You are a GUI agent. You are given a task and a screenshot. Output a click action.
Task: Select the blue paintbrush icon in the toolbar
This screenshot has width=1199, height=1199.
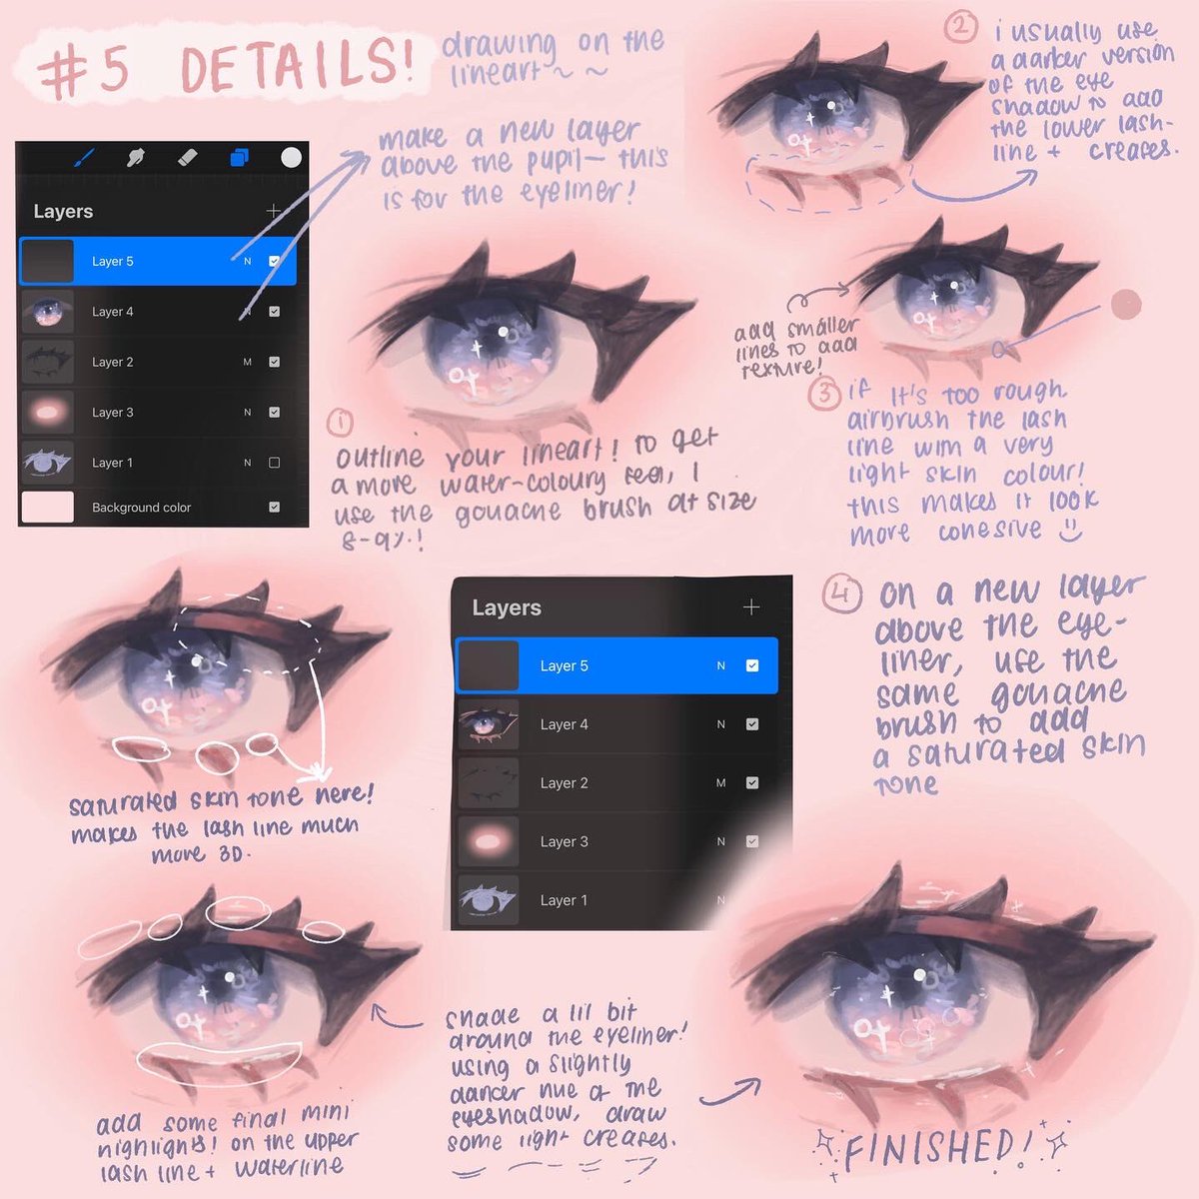pyautogui.click(x=85, y=158)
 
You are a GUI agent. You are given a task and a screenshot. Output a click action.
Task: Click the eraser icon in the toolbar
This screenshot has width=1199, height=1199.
pyautogui.click(x=187, y=158)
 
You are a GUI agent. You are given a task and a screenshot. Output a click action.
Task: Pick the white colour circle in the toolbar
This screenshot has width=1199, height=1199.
pyautogui.click(x=291, y=158)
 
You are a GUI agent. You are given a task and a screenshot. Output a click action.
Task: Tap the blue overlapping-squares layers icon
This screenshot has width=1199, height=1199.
pyautogui.click(x=239, y=158)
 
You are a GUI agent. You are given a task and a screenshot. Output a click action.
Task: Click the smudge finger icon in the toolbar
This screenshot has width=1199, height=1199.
pyautogui.click(x=135, y=158)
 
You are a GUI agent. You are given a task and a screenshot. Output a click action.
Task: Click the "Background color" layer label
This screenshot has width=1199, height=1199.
pyautogui.click(x=141, y=508)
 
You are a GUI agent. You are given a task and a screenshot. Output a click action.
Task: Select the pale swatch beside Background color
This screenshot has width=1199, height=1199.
pyautogui.click(x=48, y=507)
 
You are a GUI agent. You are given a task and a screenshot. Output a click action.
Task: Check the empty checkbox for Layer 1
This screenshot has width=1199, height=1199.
pyautogui.click(x=274, y=463)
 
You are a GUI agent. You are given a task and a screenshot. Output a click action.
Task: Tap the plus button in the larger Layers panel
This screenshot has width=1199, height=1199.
pyautogui.click(x=751, y=607)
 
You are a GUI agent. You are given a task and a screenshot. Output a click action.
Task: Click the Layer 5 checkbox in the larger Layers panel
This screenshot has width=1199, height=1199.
pyautogui.click(x=752, y=665)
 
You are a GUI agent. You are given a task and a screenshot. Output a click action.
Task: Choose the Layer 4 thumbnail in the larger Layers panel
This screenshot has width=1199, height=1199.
pyautogui.click(x=488, y=724)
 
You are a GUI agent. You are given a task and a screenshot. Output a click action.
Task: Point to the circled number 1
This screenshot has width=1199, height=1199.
pyautogui.click(x=341, y=424)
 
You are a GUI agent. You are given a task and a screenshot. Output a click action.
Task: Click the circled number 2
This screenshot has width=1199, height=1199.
pyautogui.click(x=960, y=27)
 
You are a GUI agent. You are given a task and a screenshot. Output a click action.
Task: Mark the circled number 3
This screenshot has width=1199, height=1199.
pyautogui.click(x=824, y=394)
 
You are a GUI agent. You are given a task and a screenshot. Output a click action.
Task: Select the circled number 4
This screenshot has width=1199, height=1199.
pyautogui.click(x=842, y=595)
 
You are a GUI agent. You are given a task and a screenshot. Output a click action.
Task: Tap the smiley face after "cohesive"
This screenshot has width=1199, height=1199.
pyautogui.click(x=1069, y=530)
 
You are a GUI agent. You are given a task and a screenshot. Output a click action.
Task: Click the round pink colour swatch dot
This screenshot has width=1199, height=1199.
pyautogui.click(x=1126, y=304)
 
